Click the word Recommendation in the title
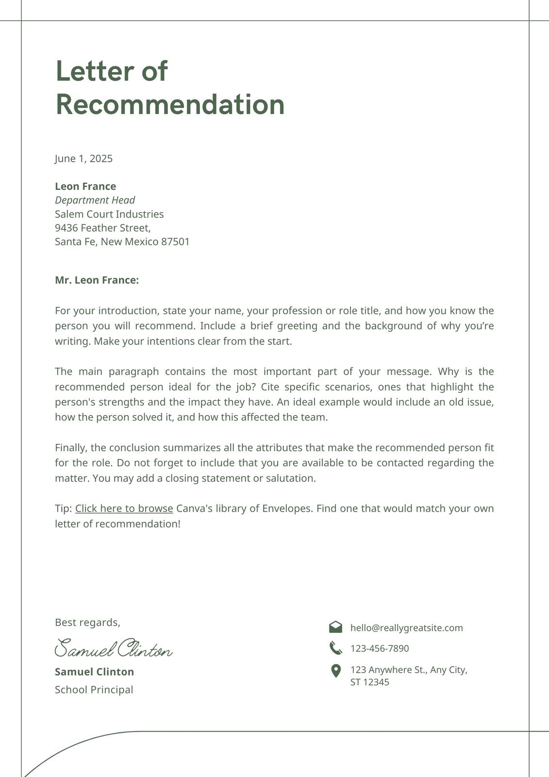pos(170,105)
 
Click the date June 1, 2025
pos(83,159)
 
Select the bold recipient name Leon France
pos(85,186)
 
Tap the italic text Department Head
pos(95,200)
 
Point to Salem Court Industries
pos(109,214)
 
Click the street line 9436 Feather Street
pos(102,228)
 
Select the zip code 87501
pos(175,242)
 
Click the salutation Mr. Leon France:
pos(97,280)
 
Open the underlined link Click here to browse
pos(124,508)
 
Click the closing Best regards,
pos(87,623)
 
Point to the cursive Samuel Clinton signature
pos(114,649)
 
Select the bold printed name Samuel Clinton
pos(94,672)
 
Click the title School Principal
pos(94,690)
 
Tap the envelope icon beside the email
pos(335,627)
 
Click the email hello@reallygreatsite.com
pos(406,628)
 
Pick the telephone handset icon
pos(335,648)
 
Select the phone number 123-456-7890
pos(380,648)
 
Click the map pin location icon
pos(335,671)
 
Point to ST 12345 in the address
pos(369,682)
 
